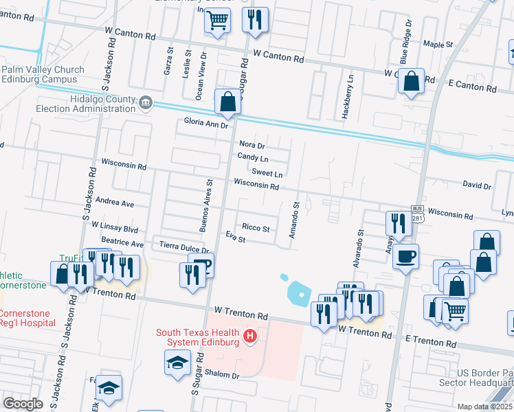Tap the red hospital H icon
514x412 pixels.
tap(251, 337)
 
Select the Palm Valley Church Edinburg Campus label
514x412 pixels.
tap(43, 74)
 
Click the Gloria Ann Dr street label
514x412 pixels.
tap(205, 124)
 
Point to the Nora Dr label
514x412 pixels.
tap(252, 145)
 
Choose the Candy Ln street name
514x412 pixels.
tap(252, 157)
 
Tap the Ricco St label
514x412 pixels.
tap(256, 227)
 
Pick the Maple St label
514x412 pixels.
tap(438, 44)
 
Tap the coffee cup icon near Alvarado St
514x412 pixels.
tap(405, 255)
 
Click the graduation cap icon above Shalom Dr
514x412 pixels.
tap(177, 361)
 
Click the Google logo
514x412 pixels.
tap(23, 403)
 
